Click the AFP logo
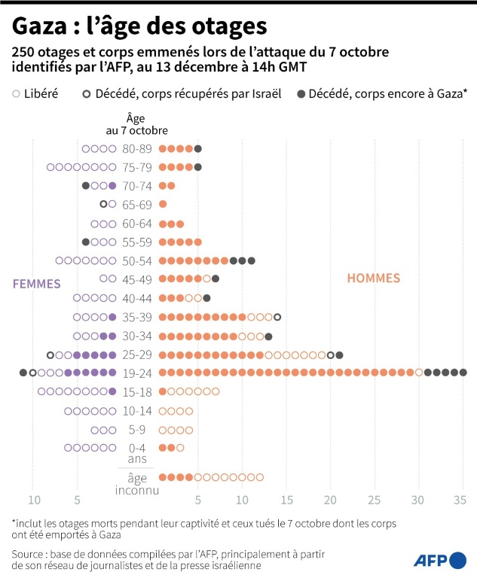pyautogui.click(x=439, y=559)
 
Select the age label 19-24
pyautogui.click(x=137, y=373)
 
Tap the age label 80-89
pyautogui.click(x=137, y=148)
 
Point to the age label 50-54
pyautogui.click(x=137, y=260)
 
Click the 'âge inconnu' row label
pyautogui.click(x=136, y=483)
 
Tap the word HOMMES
pyautogui.click(x=373, y=278)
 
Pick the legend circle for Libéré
pyautogui.click(x=16, y=94)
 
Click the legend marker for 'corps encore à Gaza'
pyautogui.click(x=301, y=94)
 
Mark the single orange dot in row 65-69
pyautogui.click(x=163, y=204)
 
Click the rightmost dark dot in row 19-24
pyautogui.click(x=463, y=373)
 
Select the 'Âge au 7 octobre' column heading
pyautogui.click(x=136, y=123)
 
